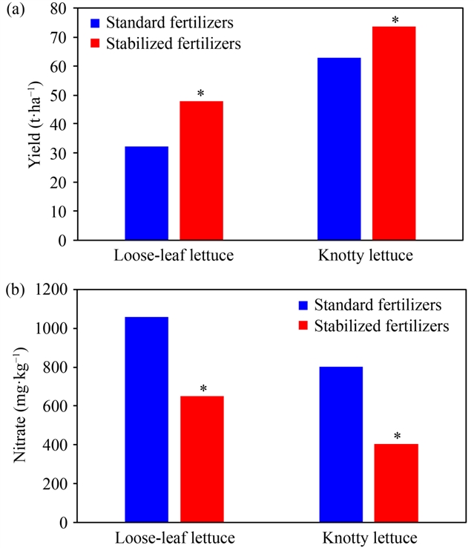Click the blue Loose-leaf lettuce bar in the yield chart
coord(146,193)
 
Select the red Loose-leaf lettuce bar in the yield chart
coord(201,171)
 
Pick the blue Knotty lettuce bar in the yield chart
coord(340,149)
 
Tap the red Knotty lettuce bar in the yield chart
coord(395,134)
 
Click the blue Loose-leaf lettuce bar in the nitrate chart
coord(146,420)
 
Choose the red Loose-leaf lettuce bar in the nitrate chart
coord(201,459)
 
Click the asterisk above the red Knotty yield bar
coord(395,19)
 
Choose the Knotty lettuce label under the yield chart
coord(366,256)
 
